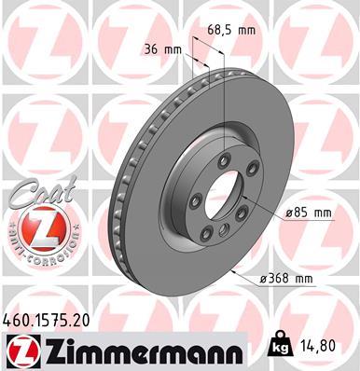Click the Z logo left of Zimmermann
tap(21, 350)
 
